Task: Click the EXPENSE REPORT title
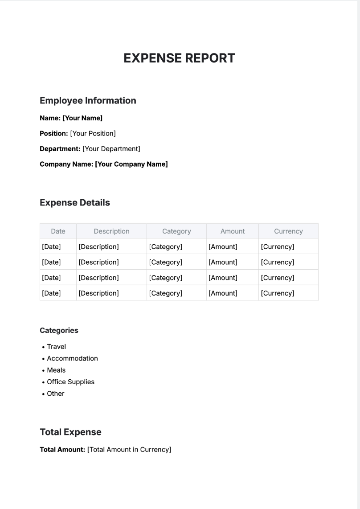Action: click(x=179, y=58)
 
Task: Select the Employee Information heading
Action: click(x=88, y=101)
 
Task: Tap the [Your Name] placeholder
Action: click(x=82, y=118)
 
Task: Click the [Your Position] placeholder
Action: click(x=93, y=133)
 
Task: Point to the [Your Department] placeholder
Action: click(x=111, y=149)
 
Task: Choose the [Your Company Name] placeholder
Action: click(x=131, y=164)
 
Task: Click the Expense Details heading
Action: click(x=75, y=203)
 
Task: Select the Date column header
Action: click(x=58, y=231)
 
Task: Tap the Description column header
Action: click(x=111, y=231)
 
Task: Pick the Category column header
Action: click(x=176, y=231)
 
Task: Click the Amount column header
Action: click(x=233, y=231)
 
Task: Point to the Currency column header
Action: click(x=288, y=231)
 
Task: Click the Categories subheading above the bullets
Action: click(x=59, y=330)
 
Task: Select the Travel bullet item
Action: click(x=57, y=347)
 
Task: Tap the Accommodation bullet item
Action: click(x=72, y=358)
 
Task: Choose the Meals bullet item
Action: click(x=56, y=370)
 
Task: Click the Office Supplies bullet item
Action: click(x=70, y=382)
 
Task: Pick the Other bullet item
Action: click(x=56, y=394)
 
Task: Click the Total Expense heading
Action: click(x=70, y=432)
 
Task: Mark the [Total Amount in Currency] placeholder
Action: click(x=129, y=450)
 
